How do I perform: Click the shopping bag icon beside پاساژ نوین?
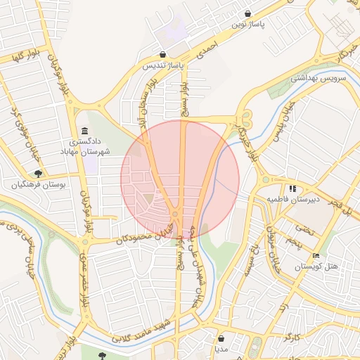pos(248,13)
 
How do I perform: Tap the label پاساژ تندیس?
pos(163,66)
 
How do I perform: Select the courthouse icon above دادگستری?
pos(85,131)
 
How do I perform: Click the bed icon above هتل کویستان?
pos(316,256)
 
